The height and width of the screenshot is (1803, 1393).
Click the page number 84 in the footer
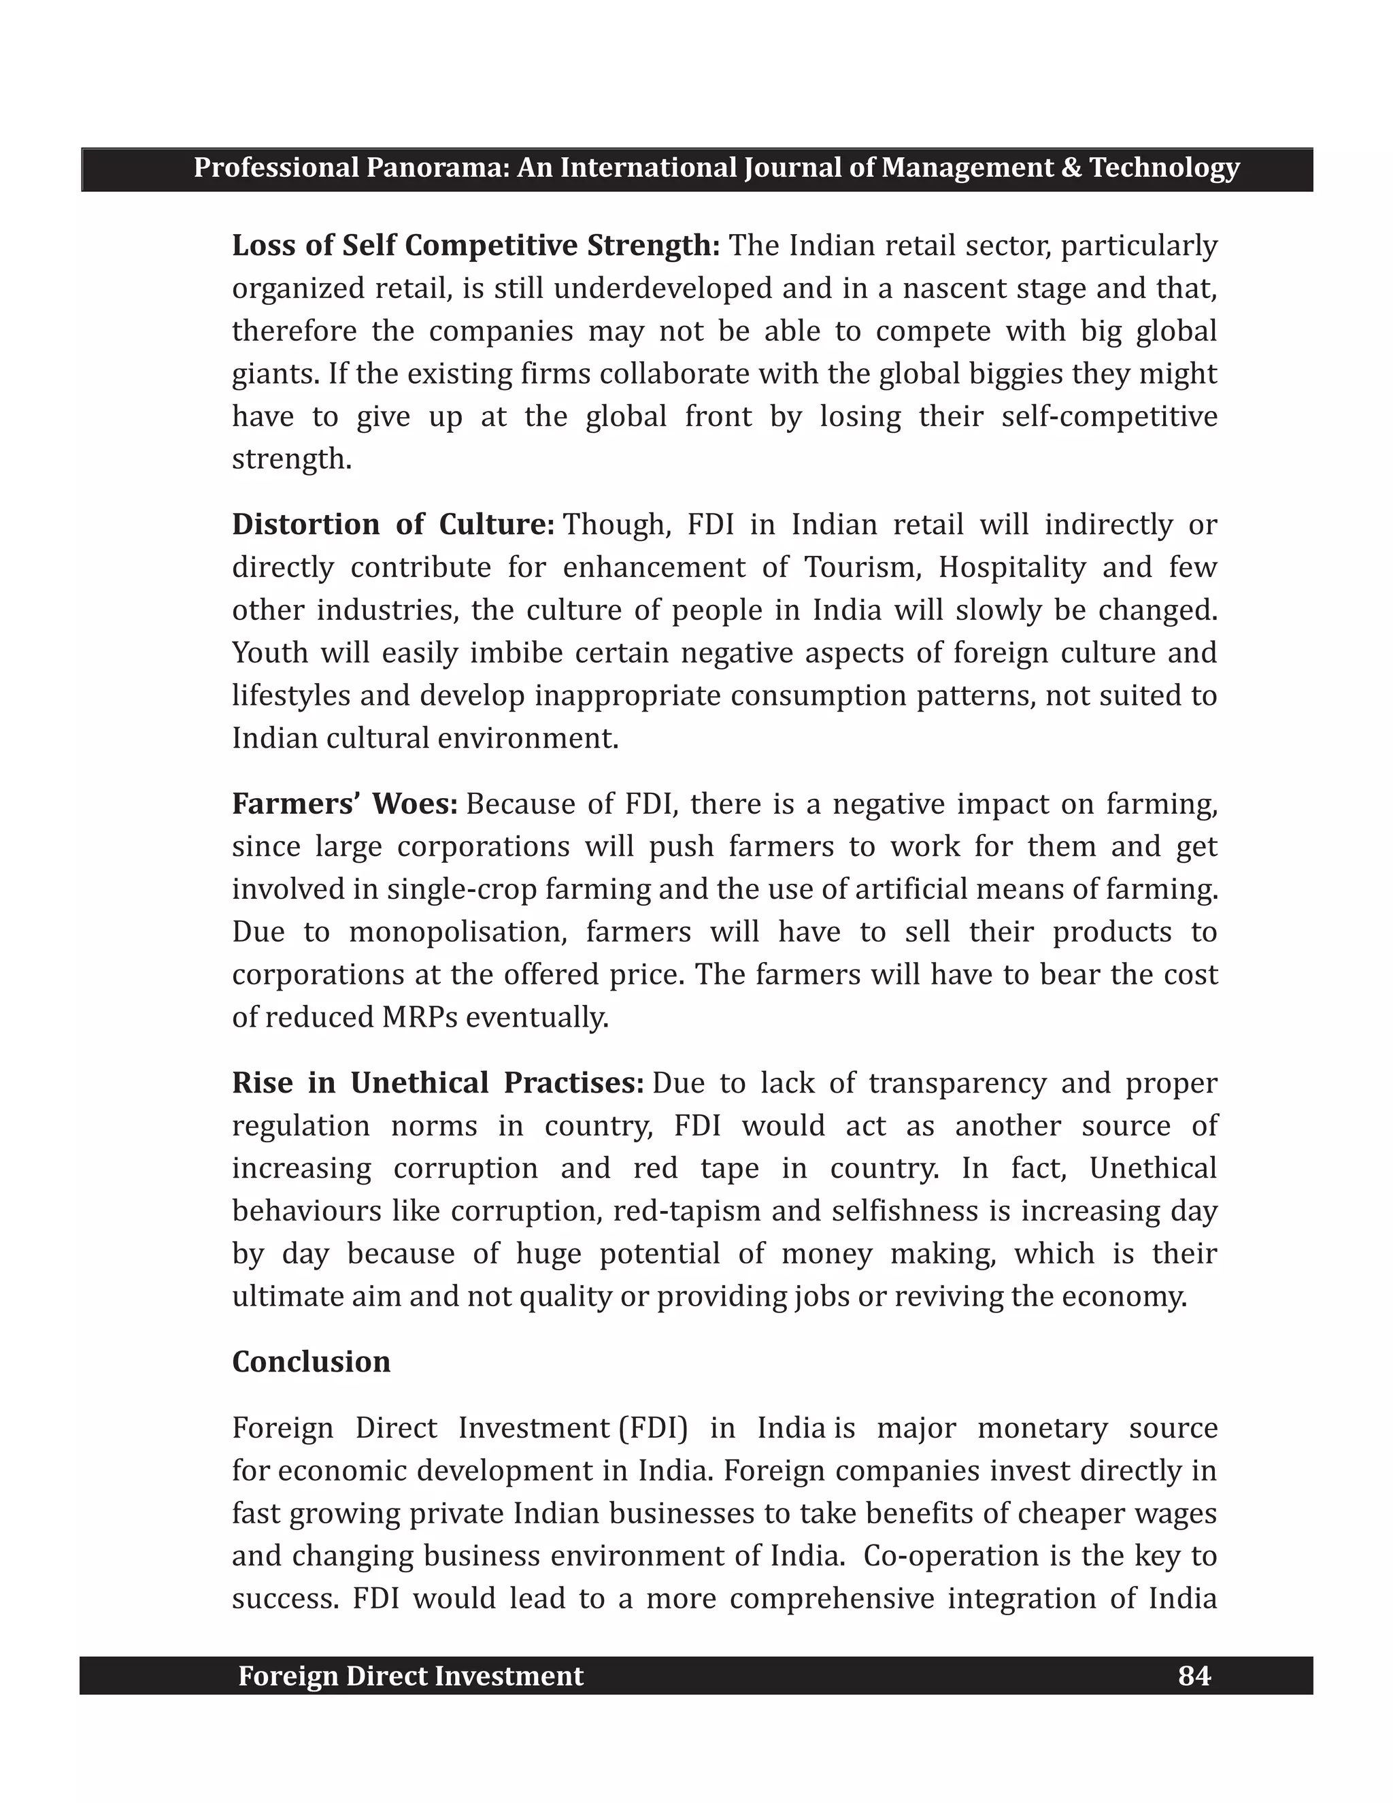(1194, 1676)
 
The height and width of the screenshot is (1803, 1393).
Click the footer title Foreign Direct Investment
(410, 1676)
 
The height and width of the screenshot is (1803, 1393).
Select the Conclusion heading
(311, 1361)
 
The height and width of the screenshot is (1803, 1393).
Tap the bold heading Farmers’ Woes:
(344, 804)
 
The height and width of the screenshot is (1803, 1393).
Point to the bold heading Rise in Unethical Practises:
(437, 1082)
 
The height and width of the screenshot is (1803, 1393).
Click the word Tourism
(862, 567)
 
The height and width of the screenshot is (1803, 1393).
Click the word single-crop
(441, 889)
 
